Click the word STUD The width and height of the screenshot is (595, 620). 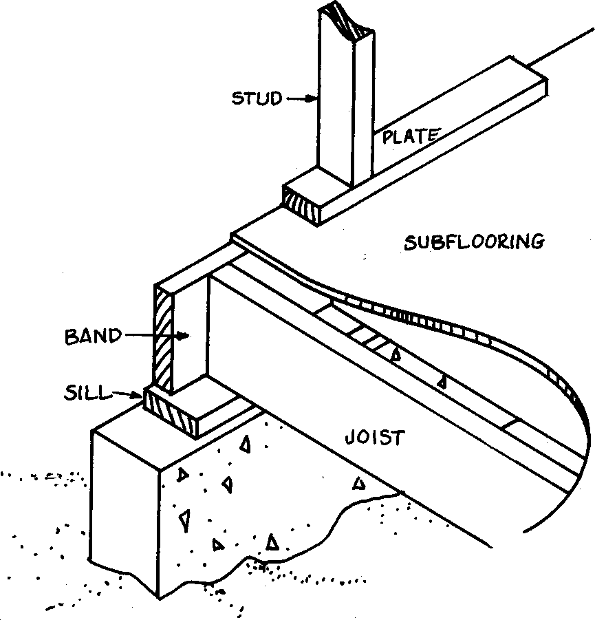tap(256, 99)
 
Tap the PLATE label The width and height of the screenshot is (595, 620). tap(410, 136)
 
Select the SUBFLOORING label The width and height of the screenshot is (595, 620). tap(475, 242)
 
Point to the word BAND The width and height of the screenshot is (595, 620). tap(93, 337)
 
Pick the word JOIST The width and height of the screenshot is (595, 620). tap(375, 438)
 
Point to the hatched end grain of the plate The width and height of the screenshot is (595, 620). tap(303, 202)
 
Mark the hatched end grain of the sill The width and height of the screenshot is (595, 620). tap(168, 413)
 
